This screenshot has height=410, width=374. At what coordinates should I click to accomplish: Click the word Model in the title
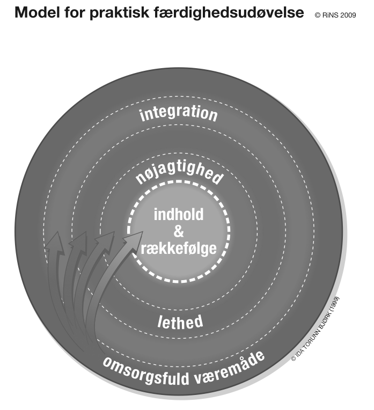(37, 12)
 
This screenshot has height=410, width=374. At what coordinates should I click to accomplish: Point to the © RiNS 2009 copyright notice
(335, 15)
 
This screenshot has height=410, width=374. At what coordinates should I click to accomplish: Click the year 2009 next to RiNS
(348, 15)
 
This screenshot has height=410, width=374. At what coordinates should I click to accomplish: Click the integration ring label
(179, 113)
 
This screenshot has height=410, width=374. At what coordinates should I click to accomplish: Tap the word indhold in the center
(179, 215)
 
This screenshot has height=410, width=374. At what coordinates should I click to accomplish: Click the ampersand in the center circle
(179, 231)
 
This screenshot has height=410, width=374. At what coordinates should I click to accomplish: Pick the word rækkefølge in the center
(179, 248)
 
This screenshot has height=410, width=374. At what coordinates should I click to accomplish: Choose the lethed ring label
(180, 321)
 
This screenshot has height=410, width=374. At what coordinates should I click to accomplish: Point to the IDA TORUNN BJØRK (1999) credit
(316, 329)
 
